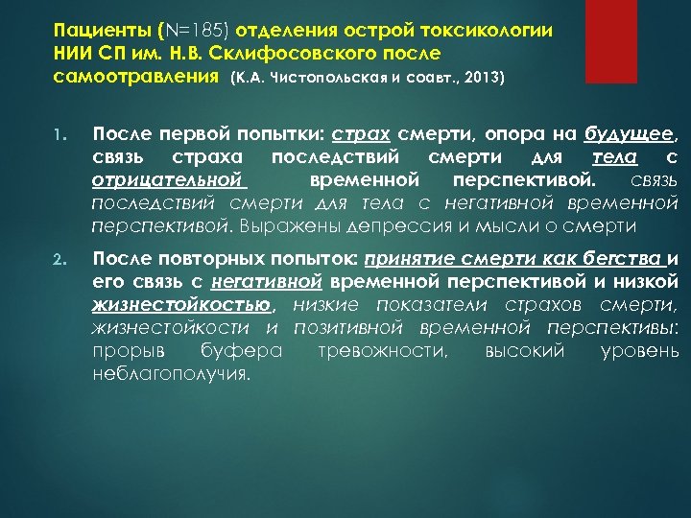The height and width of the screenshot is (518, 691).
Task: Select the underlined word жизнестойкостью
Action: [x=181, y=305]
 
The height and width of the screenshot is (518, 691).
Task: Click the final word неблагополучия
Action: [x=170, y=374]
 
